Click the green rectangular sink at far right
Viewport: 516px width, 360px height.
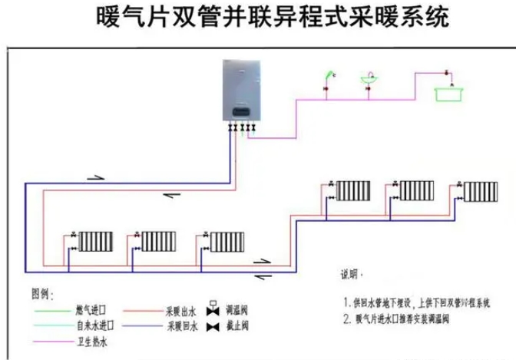click(450, 93)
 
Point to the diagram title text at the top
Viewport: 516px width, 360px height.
click(258, 17)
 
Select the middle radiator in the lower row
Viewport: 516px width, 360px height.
click(160, 240)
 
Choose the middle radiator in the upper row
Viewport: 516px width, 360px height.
click(417, 190)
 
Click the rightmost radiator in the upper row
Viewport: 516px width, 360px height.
click(480, 190)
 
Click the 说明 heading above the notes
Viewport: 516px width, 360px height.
click(350, 274)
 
